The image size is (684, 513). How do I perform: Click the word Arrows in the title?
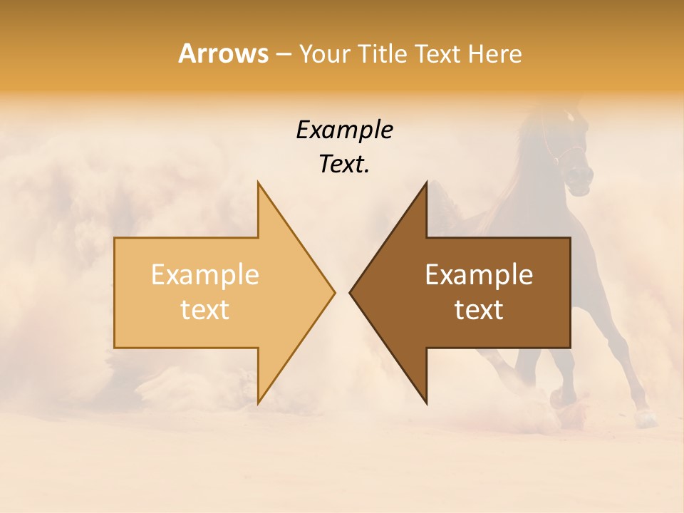pos(223,53)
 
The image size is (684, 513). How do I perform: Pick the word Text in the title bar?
pos(438,54)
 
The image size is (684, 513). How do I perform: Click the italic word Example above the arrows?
pos(344,130)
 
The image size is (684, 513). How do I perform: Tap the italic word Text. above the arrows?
pos(344,165)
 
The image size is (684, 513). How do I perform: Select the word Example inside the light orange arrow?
pos(205,275)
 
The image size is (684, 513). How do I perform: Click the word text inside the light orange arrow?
pos(205,310)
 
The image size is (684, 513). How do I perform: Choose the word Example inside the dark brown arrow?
pos(479,275)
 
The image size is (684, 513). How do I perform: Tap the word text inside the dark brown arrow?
pos(479,310)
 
